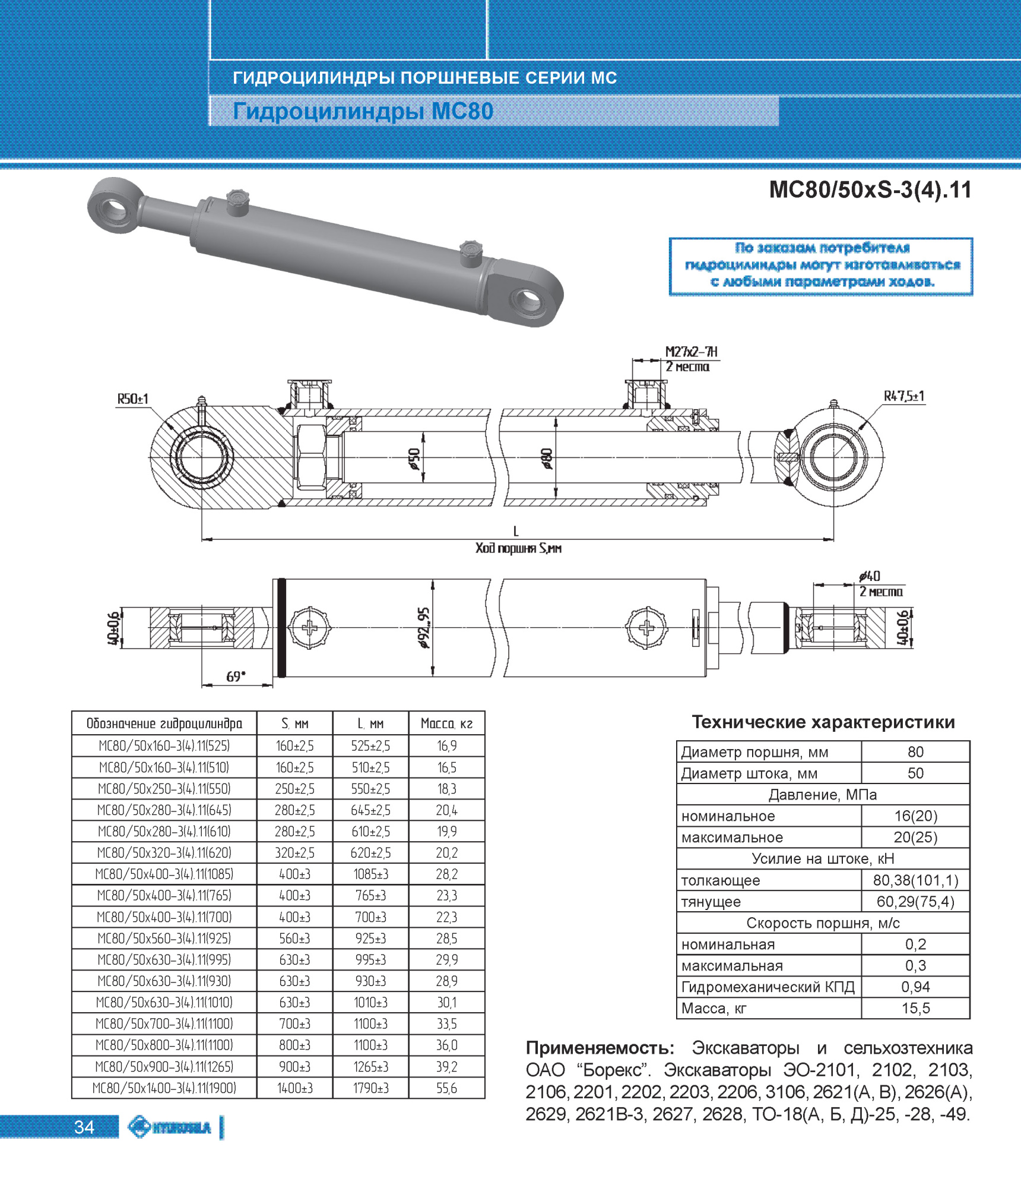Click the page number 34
(84, 1127)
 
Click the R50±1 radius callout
(132, 399)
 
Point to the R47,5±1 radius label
(903, 396)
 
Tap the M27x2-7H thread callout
(691, 352)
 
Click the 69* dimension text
(236, 677)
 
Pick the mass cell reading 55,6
(446, 1088)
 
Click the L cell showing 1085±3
(370, 874)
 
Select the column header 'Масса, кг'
(446, 723)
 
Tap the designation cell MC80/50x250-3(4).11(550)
(164, 789)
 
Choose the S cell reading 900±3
(294, 1067)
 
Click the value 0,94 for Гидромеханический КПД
(915, 987)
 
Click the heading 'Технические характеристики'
(823, 722)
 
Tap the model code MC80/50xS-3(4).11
(870, 190)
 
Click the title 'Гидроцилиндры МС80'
(363, 112)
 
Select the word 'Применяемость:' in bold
(600, 1048)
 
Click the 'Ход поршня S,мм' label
(518, 548)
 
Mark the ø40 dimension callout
(870, 576)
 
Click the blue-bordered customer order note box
(821, 266)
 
